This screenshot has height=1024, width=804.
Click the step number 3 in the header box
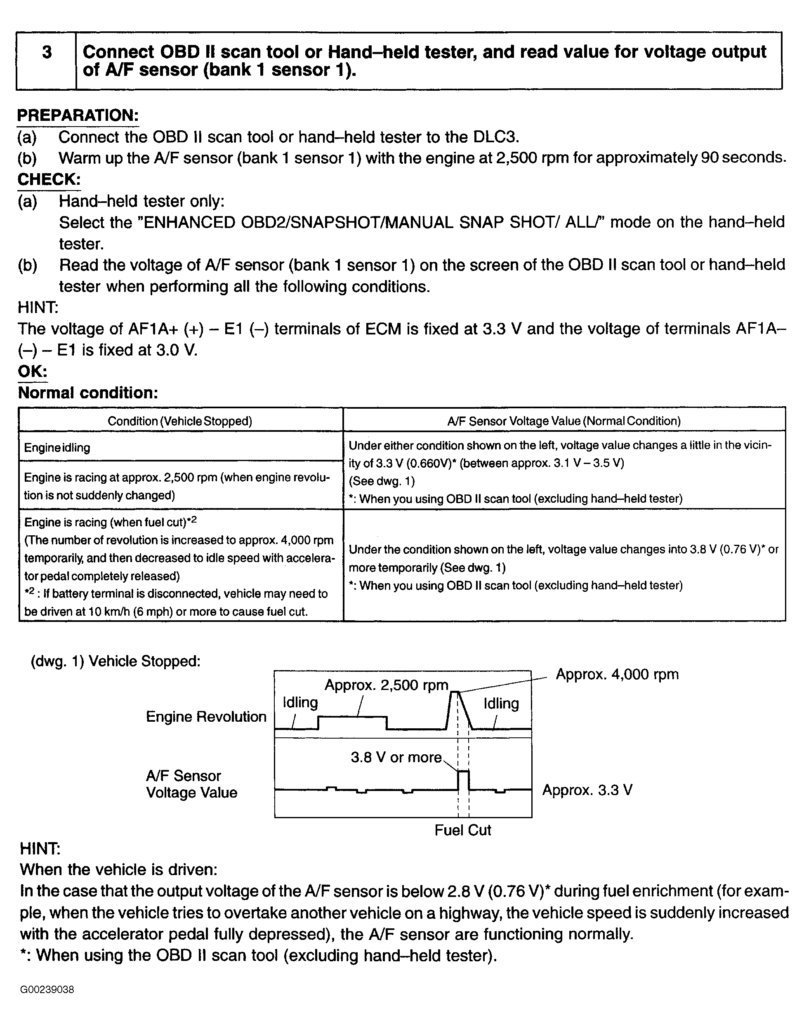pyautogui.click(x=47, y=52)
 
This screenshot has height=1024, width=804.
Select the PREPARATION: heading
pyautogui.click(x=78, y=115)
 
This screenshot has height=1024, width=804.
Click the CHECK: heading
pyautogui.click(x=49, y=179)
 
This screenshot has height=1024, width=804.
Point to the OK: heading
pyautogui.click(x=33, y=371)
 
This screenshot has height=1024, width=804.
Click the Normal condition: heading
pyautogui.click(x=88, y=393)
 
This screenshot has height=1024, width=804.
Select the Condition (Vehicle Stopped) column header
pyautogui.click(x=180, y=421)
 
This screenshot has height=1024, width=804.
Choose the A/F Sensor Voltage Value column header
pyautogui.click(x=564, y=421)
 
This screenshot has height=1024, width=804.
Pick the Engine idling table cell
pyautogui.click(x=57, y=447)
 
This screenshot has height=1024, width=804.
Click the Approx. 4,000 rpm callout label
pyautogui.click(x=617, y=674)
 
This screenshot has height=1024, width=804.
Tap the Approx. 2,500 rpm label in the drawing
pyautogui.click(x=386, y=685)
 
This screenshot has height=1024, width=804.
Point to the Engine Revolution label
pyautogui.click(x=206, y=717)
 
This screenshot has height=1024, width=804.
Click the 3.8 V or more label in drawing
pyautogui.click(x=396, y=757)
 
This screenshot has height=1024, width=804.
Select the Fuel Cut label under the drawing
pyautogui.click(x=462, y=830)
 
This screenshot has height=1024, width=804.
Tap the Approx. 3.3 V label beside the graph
pyautogui.click(x=587, y=790)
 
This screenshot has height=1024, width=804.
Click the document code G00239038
pyautogui.click(x=47, y=989)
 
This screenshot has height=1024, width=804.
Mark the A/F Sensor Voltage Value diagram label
pyautogui.click(x=191, y=784)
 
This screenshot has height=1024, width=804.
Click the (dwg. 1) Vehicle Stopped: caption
pyautogui.click(x=116, y=661)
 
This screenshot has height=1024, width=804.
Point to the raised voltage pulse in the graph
pyautogui.click(x=464, y=779)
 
